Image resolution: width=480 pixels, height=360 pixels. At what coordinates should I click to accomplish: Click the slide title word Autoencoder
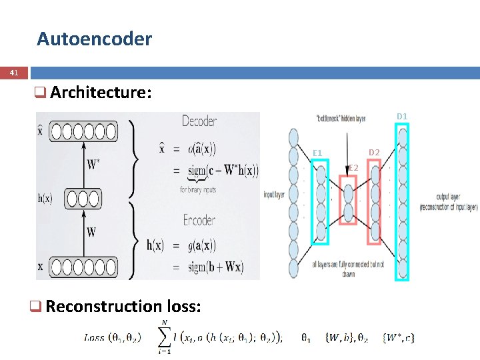pyautogui.click(x=94, y=39)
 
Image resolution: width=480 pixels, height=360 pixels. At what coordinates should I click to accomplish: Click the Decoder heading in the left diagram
pyautogui.click(x=199, y=121)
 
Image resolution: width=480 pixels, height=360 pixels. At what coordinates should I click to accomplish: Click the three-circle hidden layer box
pyautogui.click(x=83, y=199)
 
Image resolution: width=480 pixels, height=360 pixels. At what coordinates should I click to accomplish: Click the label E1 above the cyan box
pyautogui.click(x=317, y=153)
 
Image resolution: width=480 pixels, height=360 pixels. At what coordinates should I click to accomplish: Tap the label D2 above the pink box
pyautogui.click(x=374, y=153)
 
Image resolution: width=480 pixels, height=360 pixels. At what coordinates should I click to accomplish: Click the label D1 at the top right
pyautogui.click(x=402, y=117)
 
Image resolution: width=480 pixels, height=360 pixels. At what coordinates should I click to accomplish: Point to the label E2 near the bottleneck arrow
pyautogui.click(x=353, y=167)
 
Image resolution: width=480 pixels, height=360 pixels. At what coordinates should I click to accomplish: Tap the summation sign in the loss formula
pyautogui.click(x=163, y=337)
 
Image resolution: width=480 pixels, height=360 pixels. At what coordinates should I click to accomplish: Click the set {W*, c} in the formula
pyautogui.click(x=398, y=337)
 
